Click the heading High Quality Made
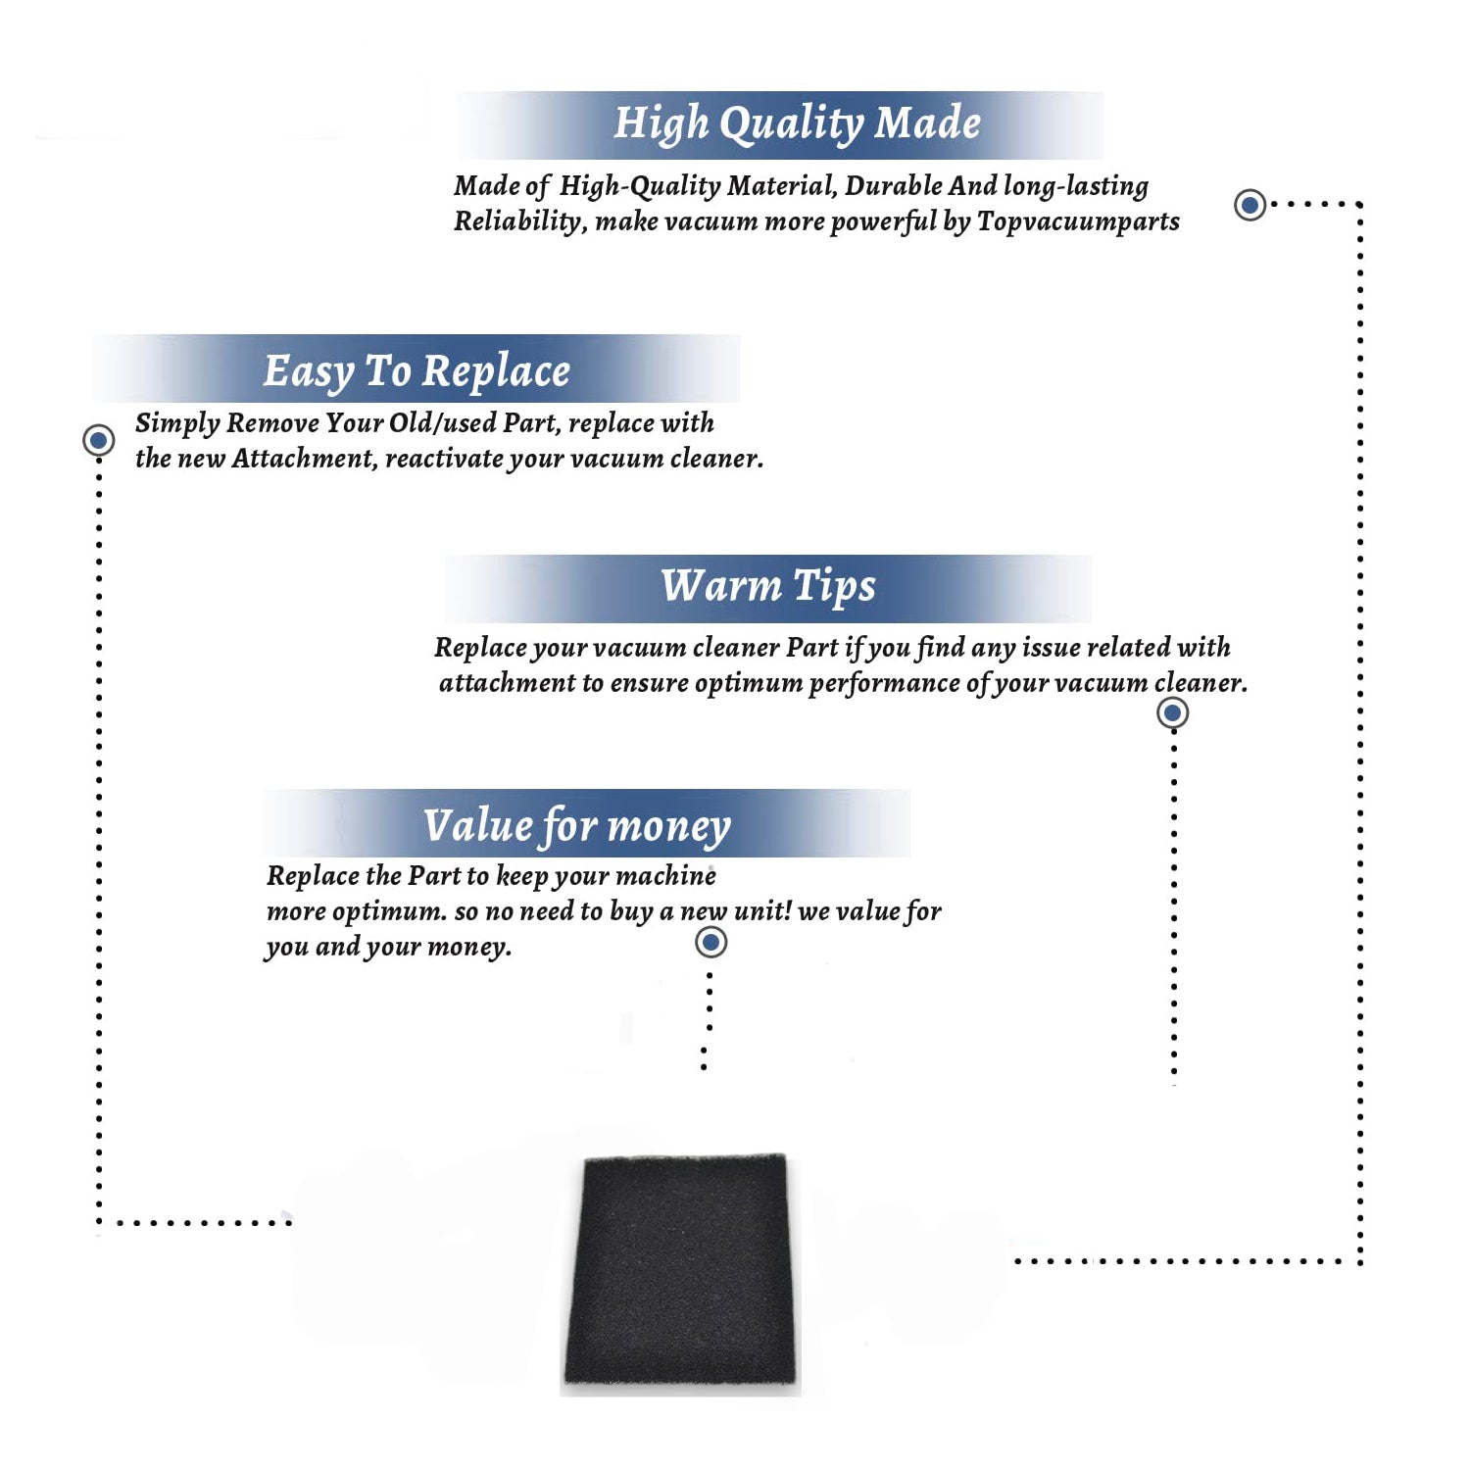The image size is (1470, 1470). coord(797,124)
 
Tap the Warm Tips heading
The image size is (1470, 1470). coord(768,587)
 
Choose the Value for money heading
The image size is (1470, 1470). coord(577,826)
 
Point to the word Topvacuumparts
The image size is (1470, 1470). coord(1078,221)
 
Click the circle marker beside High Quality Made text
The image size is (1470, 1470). coord(1249,205)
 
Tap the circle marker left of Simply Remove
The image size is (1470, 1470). coord(98,440)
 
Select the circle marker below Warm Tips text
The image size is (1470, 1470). coord(1172,712)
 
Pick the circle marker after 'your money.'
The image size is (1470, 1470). coord(710,943)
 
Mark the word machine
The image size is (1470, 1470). coord(669,875)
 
